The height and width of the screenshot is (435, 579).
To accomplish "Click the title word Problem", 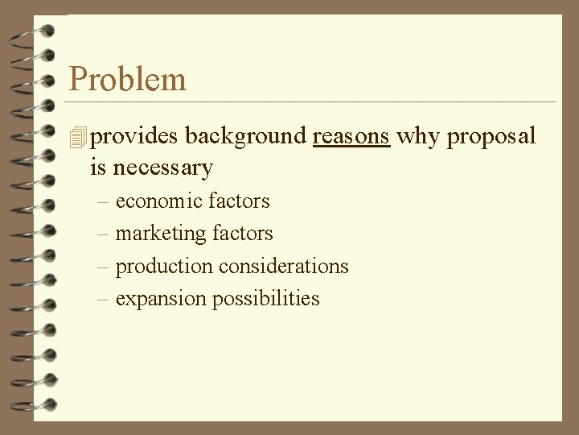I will pyautogui.click(x=127, y=79).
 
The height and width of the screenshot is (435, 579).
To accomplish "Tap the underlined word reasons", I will pyautogui.click(x=351, y=136).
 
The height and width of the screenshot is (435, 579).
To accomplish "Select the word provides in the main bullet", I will pyautogui.click(x=134, y=137).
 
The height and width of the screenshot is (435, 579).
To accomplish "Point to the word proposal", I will pyautogui.click(x=491, y=137).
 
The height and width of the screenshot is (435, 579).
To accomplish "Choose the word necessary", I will pyautogui.click(x=162, y=168).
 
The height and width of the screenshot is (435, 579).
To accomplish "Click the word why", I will pyautogui.click(x=418, y=137).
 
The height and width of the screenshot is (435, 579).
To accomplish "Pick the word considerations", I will pyautogui.click(x=284, y=266).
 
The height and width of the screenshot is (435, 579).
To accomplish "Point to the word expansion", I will pyautogui.click(x=161, y=299).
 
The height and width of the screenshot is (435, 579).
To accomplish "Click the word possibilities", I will pyautogui.click(x=265, y=299).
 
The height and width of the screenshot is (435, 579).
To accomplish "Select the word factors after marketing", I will pyautogui.click(x=242, y=234).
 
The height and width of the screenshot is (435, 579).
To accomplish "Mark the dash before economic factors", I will pyautogui.click(x=102, y=201).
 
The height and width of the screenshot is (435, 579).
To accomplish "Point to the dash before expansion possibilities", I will pyautogui.click(x=102, y=299).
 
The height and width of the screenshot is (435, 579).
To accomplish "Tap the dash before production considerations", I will pyautogui.click(x=102, y=267).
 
